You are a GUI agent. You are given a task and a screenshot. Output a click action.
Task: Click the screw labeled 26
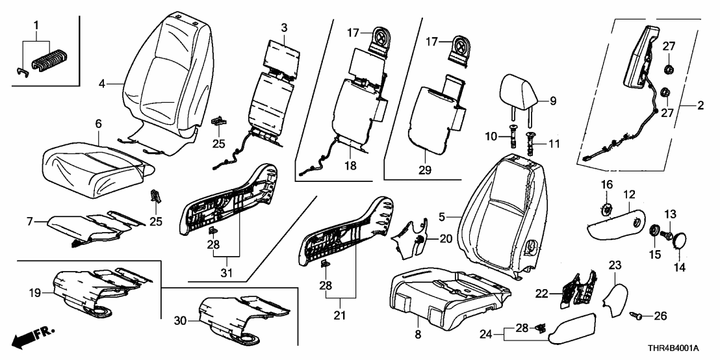tap(638, 315)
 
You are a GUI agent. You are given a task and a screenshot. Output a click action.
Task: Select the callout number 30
tap(183, 320)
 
